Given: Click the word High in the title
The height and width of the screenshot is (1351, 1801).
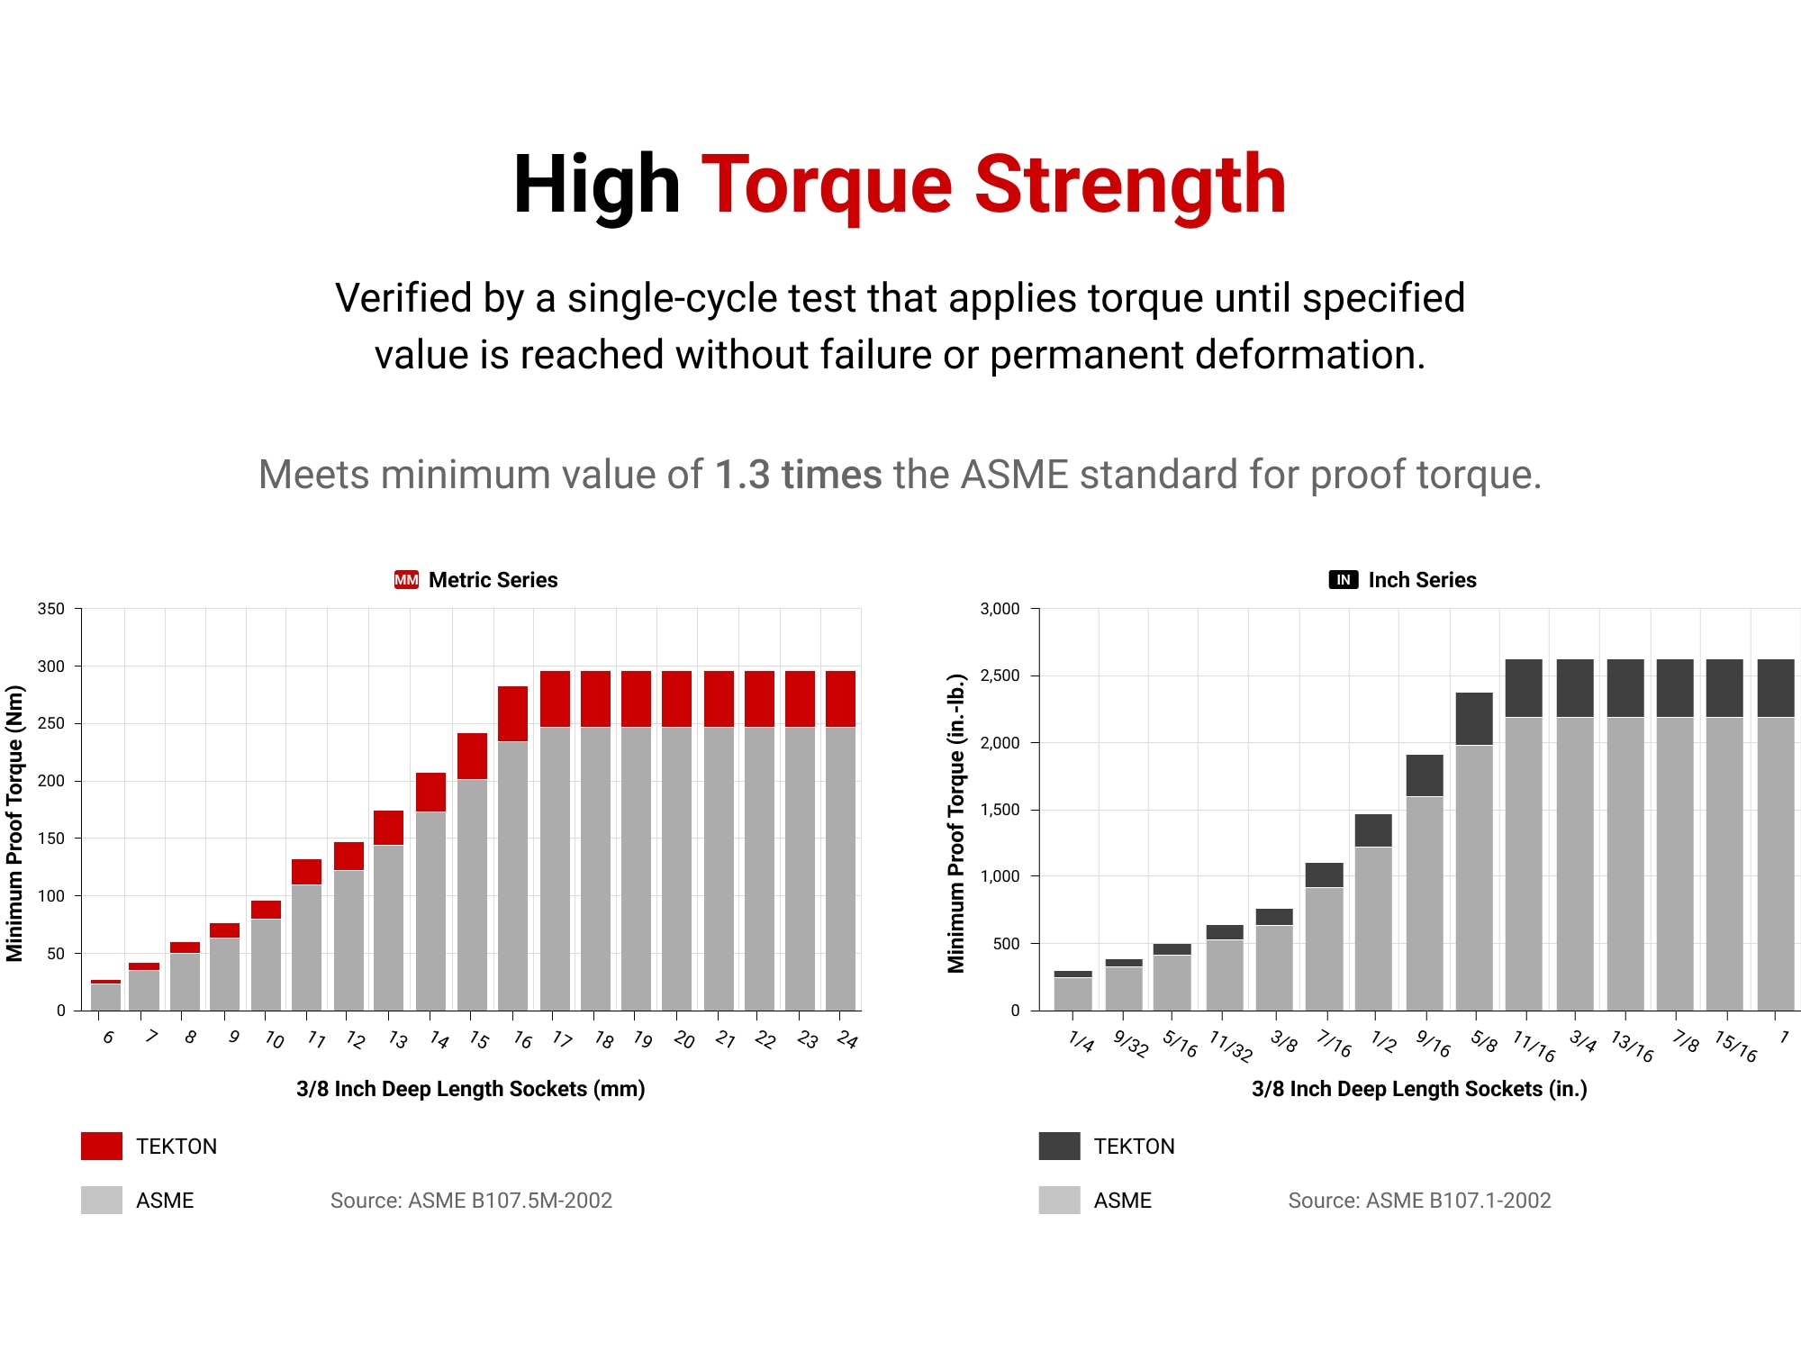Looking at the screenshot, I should click(596, 186).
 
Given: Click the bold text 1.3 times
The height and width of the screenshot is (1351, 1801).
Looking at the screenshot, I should click(798, 475).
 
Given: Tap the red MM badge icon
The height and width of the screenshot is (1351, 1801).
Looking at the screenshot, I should click(406, 580).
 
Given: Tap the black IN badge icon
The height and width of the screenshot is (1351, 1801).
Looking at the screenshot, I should click(1343, 580).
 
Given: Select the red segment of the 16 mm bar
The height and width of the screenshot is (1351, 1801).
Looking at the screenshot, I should click(512, 713).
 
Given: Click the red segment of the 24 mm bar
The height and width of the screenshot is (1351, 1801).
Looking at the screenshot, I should click(840, 698).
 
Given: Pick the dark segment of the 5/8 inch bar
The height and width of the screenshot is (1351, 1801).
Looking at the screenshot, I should click(1474, 719).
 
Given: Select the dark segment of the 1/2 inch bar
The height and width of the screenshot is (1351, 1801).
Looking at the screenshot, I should click(1373, 830).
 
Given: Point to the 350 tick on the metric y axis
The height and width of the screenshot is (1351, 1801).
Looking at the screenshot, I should click(51, 609).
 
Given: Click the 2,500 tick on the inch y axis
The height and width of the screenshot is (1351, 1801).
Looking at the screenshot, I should click(1000, 675).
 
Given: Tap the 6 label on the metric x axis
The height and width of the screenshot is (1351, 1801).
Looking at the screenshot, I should click(108, 1038).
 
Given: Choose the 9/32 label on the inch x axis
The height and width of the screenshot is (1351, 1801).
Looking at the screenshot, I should click(1130, 1043).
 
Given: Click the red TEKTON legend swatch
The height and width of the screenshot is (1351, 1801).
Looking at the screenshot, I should click(102, 1146).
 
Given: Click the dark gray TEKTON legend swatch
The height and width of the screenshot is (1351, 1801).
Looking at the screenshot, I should click(1059, 1146).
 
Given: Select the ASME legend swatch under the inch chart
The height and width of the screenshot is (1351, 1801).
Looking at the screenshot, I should click(1059, 1200).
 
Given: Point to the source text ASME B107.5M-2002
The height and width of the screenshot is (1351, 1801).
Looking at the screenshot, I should click(471, 1201).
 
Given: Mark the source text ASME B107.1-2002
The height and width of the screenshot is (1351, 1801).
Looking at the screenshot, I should click(1419, 1201).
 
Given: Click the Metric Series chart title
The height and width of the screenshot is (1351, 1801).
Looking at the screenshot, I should click(493, 580).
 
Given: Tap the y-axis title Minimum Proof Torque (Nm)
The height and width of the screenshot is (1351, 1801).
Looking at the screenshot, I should click(14, 823).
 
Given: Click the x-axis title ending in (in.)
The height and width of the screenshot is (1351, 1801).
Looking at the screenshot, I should click(1419, 1089).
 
